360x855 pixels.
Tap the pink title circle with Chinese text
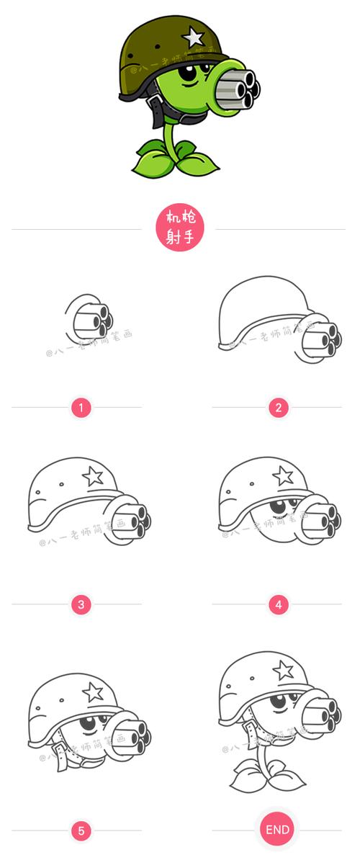click(x=180, y=227)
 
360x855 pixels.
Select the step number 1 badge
click(x=81, y=408)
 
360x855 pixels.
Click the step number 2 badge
click(x=278, y=408)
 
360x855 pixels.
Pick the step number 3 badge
click(x=81, y=604)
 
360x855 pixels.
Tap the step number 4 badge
click(x=278, y=604)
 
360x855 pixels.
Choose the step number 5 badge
click(x=81, y=831)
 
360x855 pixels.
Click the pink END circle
click(x=277, y=830)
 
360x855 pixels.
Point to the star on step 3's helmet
click(x=92, y=475)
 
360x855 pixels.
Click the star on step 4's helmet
click(x=282, y=475)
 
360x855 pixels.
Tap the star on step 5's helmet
click(x=92, y=691)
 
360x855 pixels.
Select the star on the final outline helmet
click(x=284, y=671)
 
